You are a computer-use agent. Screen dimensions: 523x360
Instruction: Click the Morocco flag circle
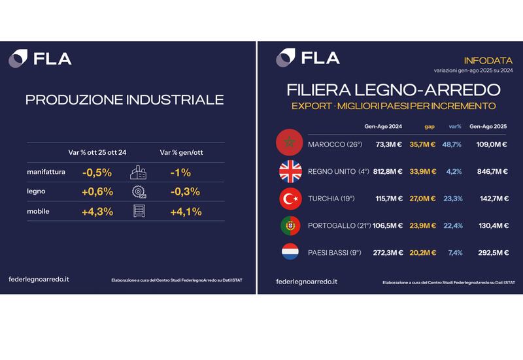(290, 142)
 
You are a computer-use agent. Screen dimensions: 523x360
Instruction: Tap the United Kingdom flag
(290, 171)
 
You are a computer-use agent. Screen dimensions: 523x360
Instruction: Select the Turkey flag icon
(290, 199)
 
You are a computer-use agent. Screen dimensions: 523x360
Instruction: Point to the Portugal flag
(290, 225)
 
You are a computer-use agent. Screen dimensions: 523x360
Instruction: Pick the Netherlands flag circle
(290, 252)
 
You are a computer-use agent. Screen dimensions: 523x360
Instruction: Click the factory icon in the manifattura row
(138, 172)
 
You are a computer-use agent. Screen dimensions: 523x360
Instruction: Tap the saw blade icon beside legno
(139, 191)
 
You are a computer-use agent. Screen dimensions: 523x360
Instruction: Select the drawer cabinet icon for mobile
(139, 211)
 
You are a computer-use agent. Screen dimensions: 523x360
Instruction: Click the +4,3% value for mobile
(97, 212)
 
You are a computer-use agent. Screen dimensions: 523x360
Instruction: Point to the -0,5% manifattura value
(97, 172)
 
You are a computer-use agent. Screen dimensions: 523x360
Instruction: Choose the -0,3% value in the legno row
(185, 191)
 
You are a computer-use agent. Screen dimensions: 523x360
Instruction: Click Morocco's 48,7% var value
(452, 144)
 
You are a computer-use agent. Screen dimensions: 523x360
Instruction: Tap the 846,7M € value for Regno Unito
(492, 171)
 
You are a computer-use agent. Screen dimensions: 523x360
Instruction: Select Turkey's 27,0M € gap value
(422, 199)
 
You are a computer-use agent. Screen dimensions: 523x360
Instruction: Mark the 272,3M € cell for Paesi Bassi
(388, 253)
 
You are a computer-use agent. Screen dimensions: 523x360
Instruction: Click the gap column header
(430, 127)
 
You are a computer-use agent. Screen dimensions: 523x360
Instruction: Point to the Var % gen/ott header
(182, 152)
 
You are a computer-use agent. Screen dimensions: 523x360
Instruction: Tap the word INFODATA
(488, 61)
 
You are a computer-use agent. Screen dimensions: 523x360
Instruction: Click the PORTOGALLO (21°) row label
(339, 225)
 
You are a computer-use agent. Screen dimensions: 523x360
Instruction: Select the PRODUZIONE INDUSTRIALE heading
(125, 100)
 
